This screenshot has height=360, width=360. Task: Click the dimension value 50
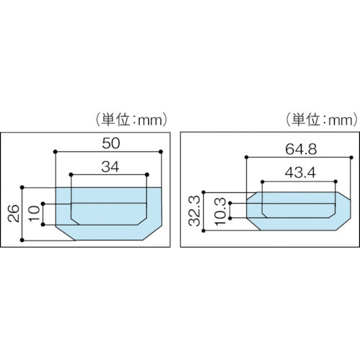point(107,143)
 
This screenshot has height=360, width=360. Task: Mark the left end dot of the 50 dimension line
point(56,151)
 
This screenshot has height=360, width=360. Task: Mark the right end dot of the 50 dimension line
point(159,151)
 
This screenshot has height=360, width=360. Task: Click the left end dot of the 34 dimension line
point(71,174)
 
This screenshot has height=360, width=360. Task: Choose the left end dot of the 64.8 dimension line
point(246,156)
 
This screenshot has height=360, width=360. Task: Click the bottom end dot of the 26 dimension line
point(25,240)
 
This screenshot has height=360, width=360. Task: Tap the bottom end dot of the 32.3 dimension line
point(205,230)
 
